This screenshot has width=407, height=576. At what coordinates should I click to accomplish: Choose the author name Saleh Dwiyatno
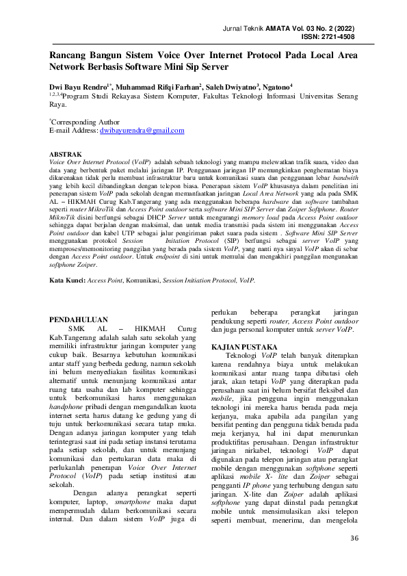click(x=231, y=88)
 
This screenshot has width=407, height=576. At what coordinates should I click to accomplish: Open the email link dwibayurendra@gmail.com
click(x=142, y=130)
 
